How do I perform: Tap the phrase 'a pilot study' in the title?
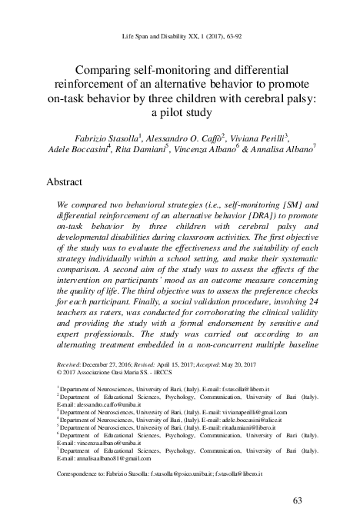pyautogui.click(x=180, y=111)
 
